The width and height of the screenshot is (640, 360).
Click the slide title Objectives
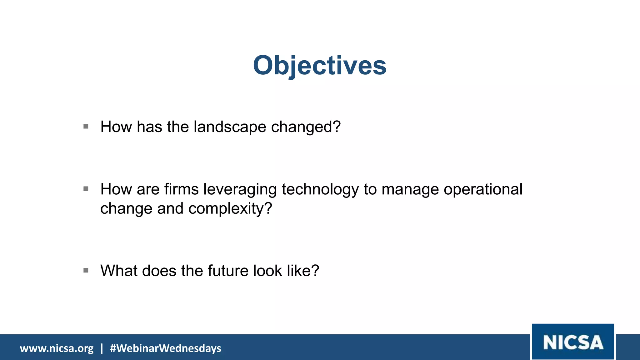pyautogui.click(x=320, y=66)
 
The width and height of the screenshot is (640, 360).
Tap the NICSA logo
pyautogui.click(x=573, y=342)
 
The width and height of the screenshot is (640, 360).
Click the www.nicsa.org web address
pyautogui.click(x=57, y=348)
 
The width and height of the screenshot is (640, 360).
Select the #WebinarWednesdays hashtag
pyautogui.click(x=165, y=348)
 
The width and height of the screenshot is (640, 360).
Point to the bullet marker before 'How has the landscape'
pyautogui.click(x=86, y=127)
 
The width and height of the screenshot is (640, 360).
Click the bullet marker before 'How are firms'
pyautogui.click(x=86, y=189)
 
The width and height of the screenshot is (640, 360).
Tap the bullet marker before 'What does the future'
pyautogui.click(x=86, y=270)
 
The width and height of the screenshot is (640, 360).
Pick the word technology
pyautogui.click(x=320, y=190)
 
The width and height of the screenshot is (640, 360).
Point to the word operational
pyautogui.click(x=483, y=189)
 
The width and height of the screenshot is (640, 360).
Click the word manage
pyautogui.click(x=410, y=190)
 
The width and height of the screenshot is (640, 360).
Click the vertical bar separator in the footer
pyautogui.click(x=102, y=348)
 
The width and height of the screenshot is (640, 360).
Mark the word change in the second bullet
pyautogui.click(x=126, y=209)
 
